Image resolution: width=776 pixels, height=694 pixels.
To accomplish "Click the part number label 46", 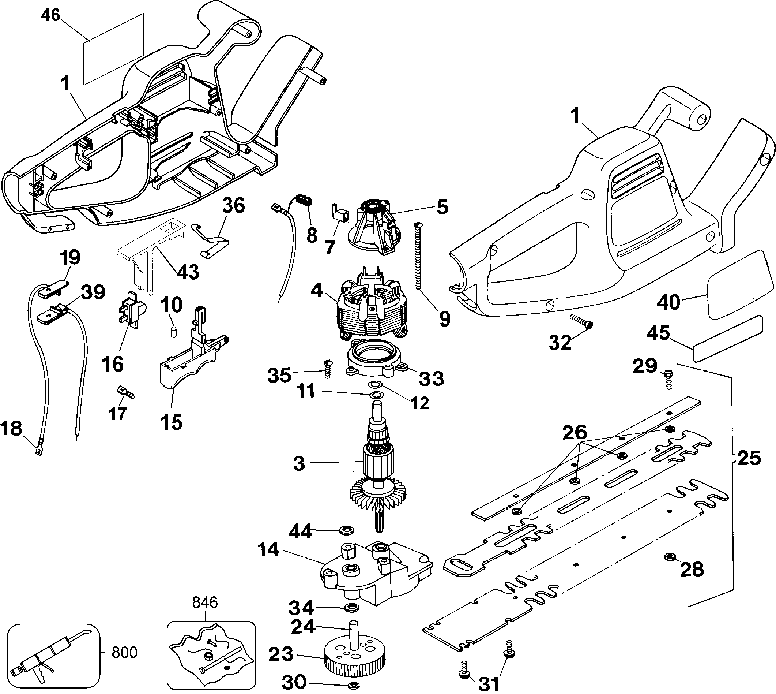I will pos(51,15).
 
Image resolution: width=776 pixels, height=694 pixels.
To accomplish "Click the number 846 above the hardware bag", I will pos(205,602).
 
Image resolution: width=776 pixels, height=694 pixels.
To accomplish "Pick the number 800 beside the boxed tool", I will pos(124,652).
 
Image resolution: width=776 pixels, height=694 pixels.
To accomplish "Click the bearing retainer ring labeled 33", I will pos(375,357).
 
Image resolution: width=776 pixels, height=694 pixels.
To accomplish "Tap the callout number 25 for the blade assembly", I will pos(748,458).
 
